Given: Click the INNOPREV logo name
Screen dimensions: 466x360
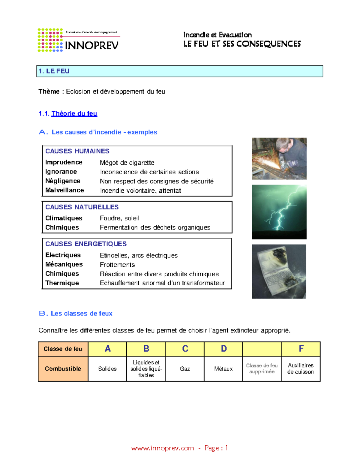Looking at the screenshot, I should point(91,46).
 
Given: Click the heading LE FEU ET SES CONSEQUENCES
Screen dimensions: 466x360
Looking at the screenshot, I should point(242,44).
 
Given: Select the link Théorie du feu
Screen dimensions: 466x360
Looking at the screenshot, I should point(74,113).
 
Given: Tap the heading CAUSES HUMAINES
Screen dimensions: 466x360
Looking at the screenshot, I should point(77,151).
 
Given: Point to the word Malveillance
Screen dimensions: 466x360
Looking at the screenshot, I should point(64,190).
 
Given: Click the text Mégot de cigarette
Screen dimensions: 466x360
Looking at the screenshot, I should point(127,163).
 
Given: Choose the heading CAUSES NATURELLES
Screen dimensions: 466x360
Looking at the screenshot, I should point(82,207).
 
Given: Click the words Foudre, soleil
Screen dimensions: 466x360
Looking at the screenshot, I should point(119,218).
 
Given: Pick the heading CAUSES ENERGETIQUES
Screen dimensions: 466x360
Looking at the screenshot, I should point(86,244).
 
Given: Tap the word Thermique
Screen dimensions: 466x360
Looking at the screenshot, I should point(62,283).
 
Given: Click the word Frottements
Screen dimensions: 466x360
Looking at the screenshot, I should point(117,265).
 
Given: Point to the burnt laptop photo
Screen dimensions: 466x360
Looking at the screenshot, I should point(279,271).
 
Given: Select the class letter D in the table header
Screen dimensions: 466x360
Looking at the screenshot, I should point(224,349).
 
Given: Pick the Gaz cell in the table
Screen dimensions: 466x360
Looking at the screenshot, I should point(185,369).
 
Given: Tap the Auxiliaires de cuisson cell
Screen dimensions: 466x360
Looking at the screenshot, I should point(301,368).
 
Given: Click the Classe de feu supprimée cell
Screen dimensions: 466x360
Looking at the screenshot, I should point(262,368).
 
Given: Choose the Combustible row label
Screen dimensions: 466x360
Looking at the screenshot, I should point(63,369).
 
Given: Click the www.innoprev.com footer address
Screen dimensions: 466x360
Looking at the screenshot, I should point(162,448).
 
